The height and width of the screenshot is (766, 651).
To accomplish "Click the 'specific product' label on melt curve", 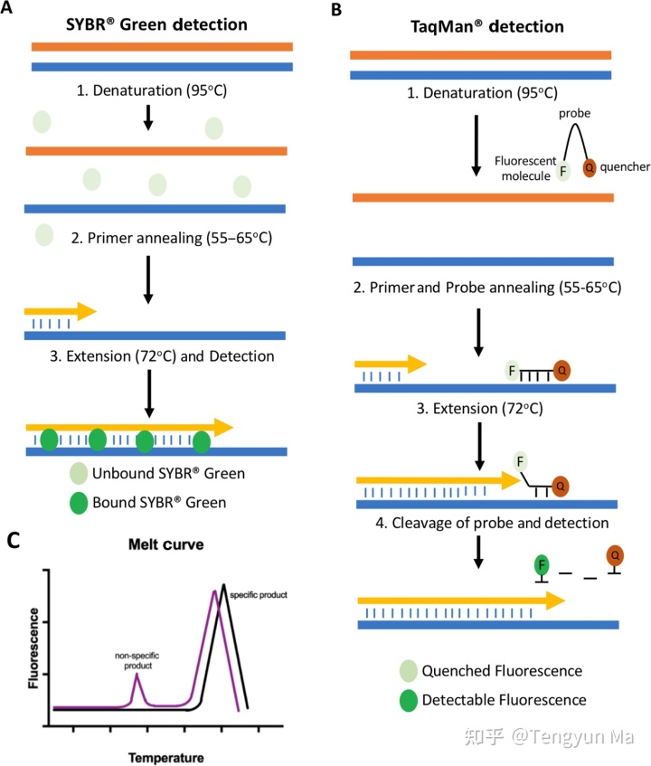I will (258, 598).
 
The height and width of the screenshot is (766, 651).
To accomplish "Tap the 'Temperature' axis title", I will (165, 756).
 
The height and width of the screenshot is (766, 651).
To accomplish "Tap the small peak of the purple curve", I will (136, 675).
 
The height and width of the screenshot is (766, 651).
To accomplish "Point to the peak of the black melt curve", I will (223, 585).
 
